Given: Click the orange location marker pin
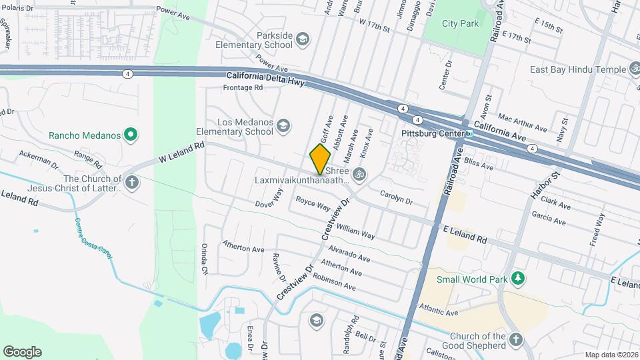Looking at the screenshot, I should (x=320, y=159).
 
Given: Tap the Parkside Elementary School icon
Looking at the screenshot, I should (x=302, y=39).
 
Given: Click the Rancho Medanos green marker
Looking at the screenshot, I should (x=131, y=135).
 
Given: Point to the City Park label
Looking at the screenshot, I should (x=461, y=23).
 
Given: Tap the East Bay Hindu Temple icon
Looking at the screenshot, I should (x=632, y=69).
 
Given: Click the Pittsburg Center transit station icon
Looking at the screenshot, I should (x=469, y=134).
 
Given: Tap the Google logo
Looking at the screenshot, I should (x=22, y=351).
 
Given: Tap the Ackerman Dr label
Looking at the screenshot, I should (x=34, y=158).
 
